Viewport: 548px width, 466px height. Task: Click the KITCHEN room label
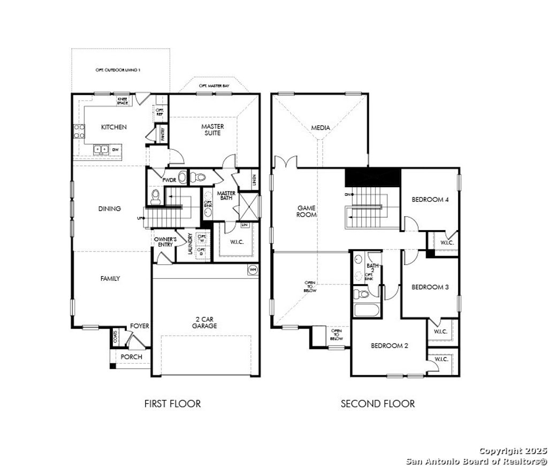pyautogui.click(x=114, y=127)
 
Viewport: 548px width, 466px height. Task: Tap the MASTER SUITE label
pyautogui.click(x=212, y=129)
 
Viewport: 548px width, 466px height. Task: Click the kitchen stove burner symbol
pyautogui.click(x=79, y=131)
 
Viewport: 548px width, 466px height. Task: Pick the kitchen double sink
pyautogui.click(x=101, y=149)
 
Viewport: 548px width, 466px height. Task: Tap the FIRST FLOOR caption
pyautogui.click(x=172, y=403)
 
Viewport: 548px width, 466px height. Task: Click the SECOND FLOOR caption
pyautogui.click(x=377, y=403)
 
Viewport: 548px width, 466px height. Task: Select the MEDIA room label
pyautogui.click(x=321, y=128)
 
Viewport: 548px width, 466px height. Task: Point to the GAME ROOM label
pyautogui.click(x=307, y=211)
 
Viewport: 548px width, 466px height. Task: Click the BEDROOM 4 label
pyautogui.click(x=430, y=200)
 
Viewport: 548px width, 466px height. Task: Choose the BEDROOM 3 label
pyautogui.click(x=430, y=287)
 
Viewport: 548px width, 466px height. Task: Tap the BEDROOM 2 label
pyautogui.click(x=390, y=346)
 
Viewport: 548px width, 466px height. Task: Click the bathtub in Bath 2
pyautogui.click(x=367, y=310)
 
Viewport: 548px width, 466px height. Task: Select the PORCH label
pyautogui.click(x=131, y=357)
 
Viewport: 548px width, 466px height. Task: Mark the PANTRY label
pyautogui.click(x=163, y=134)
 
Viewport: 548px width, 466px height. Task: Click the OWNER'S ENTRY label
pyautogui.click(x=163, y=241)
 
